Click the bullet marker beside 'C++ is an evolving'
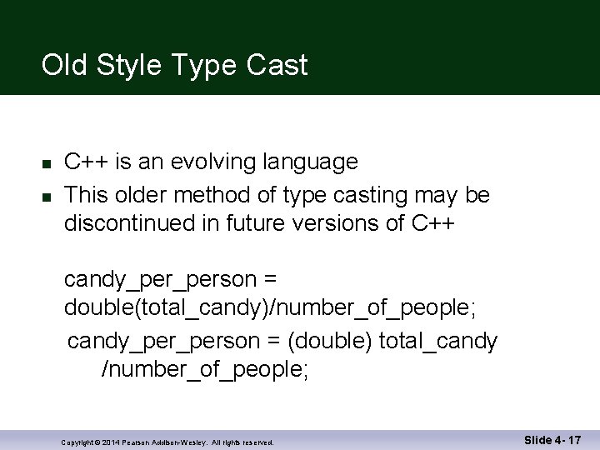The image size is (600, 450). [x=47, y=162]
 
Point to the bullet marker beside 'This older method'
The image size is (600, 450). [x=47, y=196]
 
